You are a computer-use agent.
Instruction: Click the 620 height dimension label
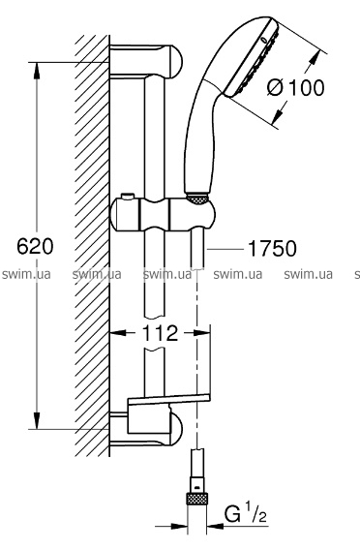(36, 246)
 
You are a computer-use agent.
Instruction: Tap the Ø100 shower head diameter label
(295, 87)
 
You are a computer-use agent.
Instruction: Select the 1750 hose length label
(272, 248)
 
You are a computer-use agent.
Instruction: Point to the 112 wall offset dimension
(160, 333)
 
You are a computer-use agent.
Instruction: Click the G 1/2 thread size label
(246, 514)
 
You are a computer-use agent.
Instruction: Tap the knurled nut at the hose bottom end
(196, 499)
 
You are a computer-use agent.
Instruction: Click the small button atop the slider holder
(128, 196)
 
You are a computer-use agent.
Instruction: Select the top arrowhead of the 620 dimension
(37, 72)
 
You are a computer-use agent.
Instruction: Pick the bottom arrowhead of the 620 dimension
(37, 419)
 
